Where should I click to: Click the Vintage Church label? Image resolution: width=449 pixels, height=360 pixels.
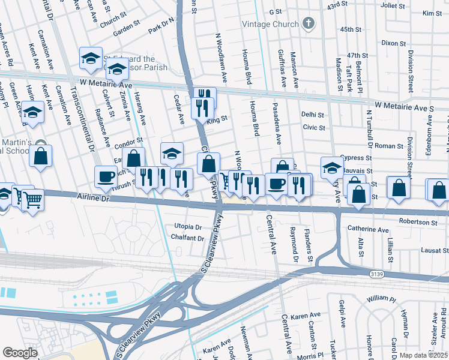270,25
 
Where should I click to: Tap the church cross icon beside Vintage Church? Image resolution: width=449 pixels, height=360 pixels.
308,25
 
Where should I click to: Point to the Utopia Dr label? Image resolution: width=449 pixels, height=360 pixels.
188,227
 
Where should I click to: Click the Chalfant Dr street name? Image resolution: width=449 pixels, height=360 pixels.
188,238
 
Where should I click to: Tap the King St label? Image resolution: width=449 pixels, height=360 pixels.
217,119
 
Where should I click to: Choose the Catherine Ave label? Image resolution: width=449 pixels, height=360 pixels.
368,229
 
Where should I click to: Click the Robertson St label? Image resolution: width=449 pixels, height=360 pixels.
418,222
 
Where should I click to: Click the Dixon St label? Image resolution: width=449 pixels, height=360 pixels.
393,43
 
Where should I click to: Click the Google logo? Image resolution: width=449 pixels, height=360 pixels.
20,352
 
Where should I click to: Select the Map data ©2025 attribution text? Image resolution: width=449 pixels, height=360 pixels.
422,355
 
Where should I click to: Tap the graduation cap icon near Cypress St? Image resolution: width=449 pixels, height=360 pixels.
331,167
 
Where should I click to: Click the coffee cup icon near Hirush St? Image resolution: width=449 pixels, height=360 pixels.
106,176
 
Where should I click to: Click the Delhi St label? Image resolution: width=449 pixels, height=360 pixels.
313,115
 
